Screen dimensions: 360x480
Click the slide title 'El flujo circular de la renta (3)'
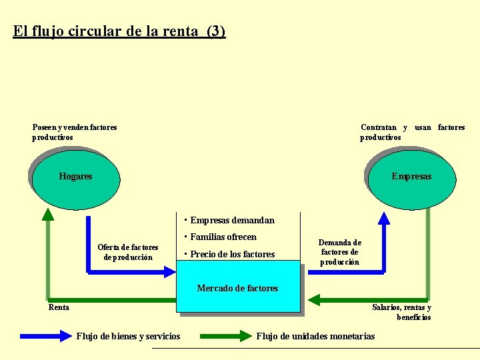coord(119,31)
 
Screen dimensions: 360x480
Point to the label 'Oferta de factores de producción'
coord(128,252)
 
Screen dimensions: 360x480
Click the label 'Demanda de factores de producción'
coord(340,252)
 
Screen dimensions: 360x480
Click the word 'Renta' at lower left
coord(59,307)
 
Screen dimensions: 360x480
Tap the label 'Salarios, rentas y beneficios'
coord(402,312)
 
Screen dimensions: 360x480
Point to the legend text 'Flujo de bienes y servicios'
coord(128,336)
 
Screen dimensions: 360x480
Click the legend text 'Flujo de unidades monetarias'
coord(315,336)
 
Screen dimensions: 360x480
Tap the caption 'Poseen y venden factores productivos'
coord(74,132)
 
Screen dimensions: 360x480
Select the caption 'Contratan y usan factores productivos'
coord(412,132)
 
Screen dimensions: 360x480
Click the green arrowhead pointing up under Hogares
coord(48,213)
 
